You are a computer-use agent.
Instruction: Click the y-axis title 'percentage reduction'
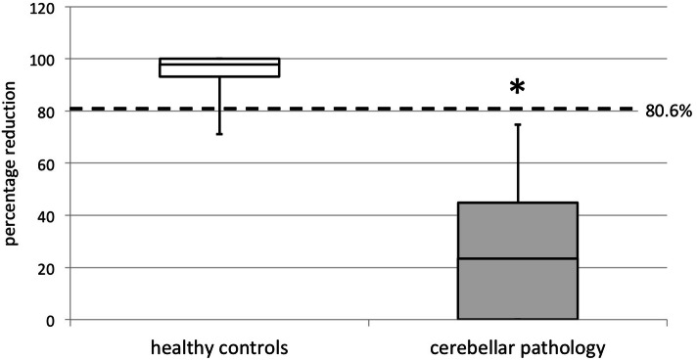tap(13, 162)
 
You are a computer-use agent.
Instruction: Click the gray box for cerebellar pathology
tap(517, 284)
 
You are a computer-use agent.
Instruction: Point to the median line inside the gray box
tap(517, 258)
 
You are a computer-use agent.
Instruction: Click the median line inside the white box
tap(219, 66)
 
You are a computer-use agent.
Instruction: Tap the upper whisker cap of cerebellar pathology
tap(517, 124)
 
